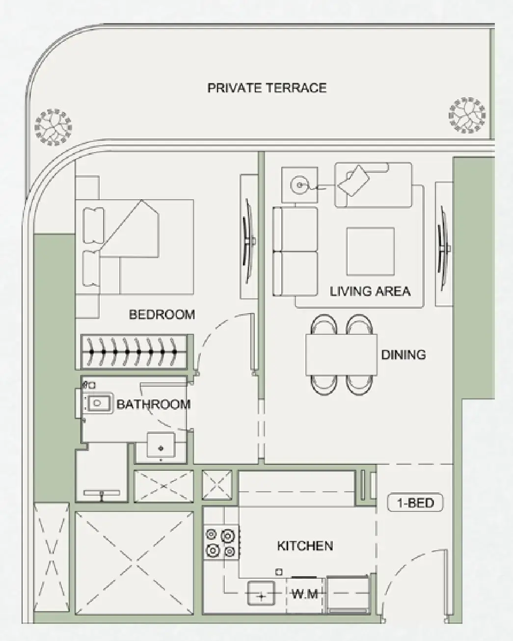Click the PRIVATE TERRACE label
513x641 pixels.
[x=267, y=88]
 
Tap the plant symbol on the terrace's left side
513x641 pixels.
[x=54, y=127]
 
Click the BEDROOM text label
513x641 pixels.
[x=162, y=314]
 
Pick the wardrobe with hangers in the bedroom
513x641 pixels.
[x=134, y=351]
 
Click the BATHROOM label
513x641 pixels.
[x=153, y=404]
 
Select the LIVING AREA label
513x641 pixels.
[x=370, y=291]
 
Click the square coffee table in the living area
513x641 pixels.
[x=370, y=251]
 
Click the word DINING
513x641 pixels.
[x=403, y=354]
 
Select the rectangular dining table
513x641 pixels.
[x=341, y=354]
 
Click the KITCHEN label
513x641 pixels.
[x=305, y=546]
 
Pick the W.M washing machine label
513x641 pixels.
[x=304, y=594]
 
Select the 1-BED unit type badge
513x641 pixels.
[x=415, y=503]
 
